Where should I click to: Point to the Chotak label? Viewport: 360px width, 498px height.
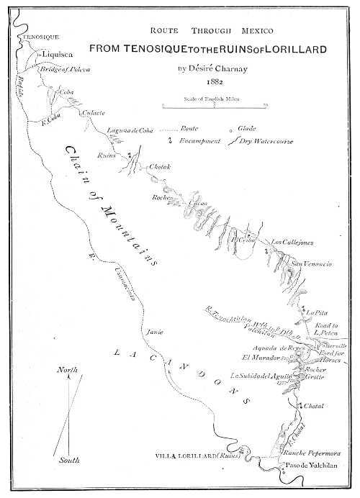click(x=159, y=168)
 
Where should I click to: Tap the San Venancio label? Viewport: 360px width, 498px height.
click(x=311, y=265)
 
